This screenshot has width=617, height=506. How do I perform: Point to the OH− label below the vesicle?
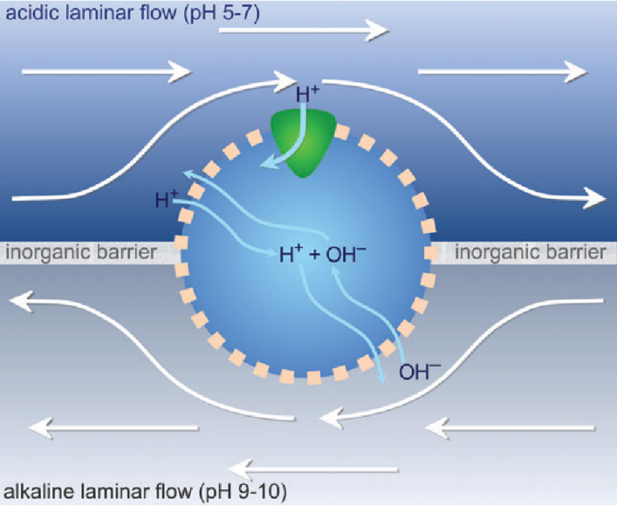coord(419,371)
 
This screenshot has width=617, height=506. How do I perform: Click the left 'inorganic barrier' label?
coord(80,253)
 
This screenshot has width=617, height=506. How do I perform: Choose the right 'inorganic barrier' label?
coord(530,253)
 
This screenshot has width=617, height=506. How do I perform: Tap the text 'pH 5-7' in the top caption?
coord(223,13)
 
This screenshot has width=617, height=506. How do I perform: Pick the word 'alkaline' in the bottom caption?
coord(36,488)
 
